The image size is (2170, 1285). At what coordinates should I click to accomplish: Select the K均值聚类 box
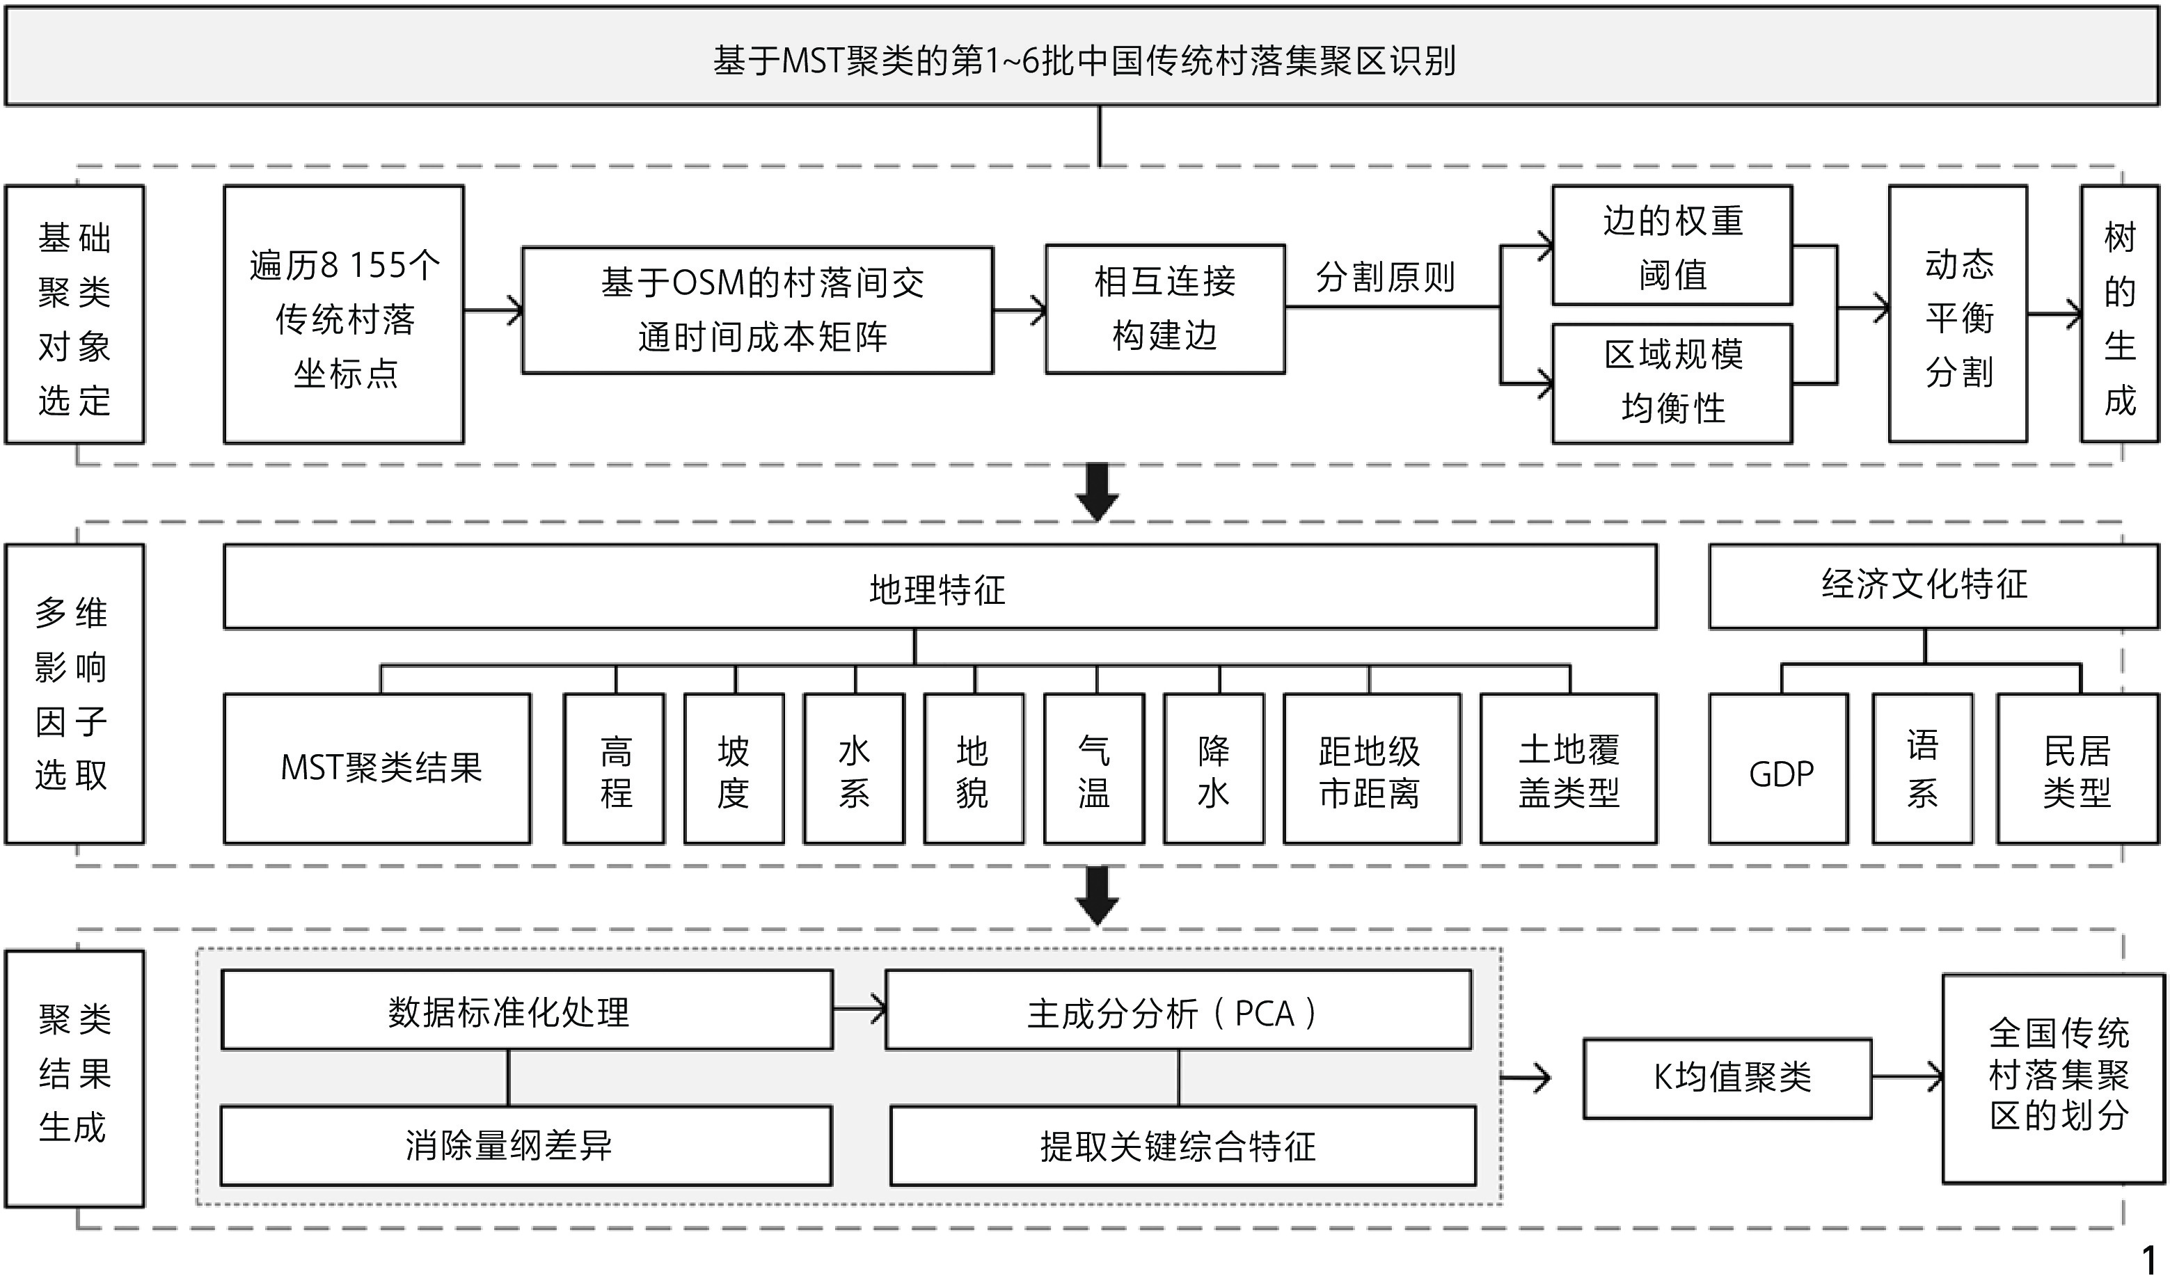click(1727, 1078)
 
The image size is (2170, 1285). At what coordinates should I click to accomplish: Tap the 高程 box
click(614, 769)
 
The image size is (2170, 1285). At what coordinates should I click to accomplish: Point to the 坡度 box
click(734, 769)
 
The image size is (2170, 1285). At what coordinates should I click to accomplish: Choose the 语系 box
click(1922, 769)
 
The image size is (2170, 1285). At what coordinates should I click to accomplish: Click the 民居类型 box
click(2077, 769)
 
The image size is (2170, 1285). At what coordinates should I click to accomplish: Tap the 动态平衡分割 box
click(1957, 314)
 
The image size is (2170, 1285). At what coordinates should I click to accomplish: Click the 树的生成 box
click(2119, 314)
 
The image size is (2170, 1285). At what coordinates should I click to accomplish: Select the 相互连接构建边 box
click(1164, 309)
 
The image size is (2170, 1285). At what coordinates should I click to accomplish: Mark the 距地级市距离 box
click(1371, 769)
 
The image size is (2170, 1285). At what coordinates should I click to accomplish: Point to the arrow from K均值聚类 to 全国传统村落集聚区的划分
click(1907, 1077)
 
